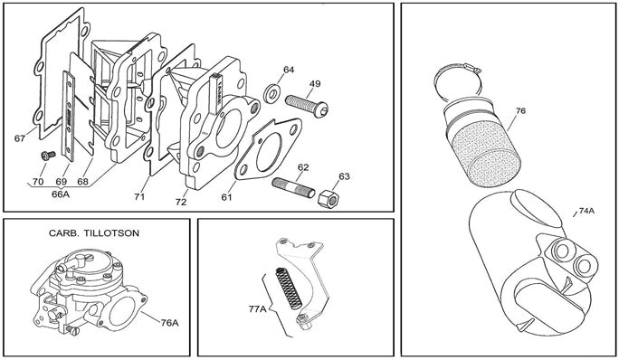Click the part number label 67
point(20,138)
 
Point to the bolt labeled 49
point(307,106)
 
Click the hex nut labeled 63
point(329,199)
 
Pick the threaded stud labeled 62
point(293,188)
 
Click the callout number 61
point(226,197)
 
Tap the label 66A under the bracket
point(61,194)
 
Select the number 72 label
point(181,202)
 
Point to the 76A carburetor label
point(170,323)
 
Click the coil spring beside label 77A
point(288,288)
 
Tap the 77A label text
point(257,309)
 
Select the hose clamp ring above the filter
point(458,81)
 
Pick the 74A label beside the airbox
point(586,211)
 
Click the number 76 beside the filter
point(520,111)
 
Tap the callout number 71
point(139,196)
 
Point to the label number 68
point(82,182)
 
